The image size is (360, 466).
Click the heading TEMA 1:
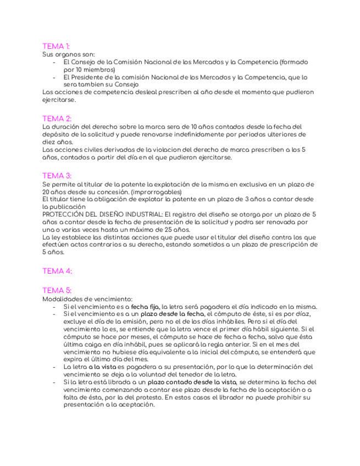click(56, 46)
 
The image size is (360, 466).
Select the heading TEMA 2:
click(57, 119)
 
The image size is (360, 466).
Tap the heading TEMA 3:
click(57, 176)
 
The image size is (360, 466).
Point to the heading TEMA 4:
click(57, 271)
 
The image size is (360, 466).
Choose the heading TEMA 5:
click(57, 290)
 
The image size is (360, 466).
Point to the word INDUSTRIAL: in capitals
click(141, 214)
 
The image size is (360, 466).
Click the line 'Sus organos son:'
click(68, 54)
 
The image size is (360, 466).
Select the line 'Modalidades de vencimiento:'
click(87, 298)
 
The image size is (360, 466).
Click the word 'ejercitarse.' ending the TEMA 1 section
click(59, 100)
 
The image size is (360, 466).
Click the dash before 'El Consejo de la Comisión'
click(54, 62)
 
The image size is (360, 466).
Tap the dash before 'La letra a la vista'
click(54, 366)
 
